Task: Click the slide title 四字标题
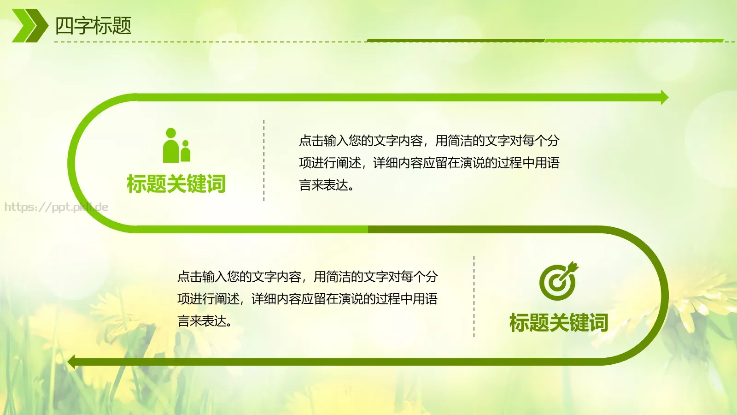pos(93,26)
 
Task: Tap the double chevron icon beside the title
pos(29,26)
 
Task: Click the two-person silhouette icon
pos(176,145)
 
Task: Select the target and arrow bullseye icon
pos(558,281)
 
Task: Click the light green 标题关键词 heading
pos(176,184)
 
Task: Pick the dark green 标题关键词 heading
pos(558,323)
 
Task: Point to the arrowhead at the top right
pos(664,97)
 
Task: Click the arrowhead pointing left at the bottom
pos(71,362)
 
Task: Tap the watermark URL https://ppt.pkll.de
pos(56,207)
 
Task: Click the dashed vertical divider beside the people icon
pos(264,160)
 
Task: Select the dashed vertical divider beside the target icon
pos(474,296)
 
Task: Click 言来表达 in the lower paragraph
pos(203,321)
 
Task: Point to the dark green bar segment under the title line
pos(456,40)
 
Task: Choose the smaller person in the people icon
pos(186,152)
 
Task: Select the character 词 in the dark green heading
pos(598,323)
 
